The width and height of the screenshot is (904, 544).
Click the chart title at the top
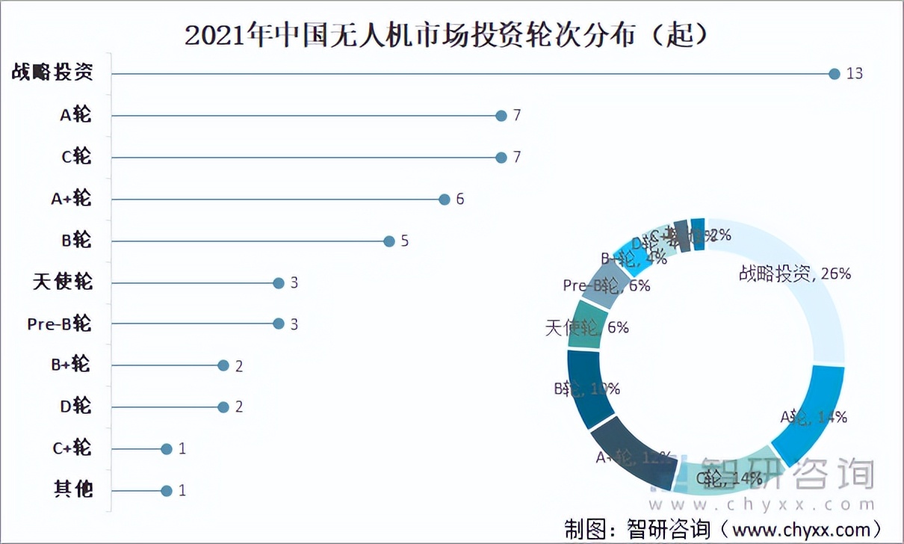[x=446, y=34]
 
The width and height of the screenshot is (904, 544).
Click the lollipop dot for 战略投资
[x=835, y=73]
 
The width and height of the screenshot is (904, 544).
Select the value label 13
[x=855, y=73]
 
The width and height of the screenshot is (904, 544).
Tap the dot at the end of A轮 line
[x=501, y=116]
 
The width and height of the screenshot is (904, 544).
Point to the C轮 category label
[x=76, y=157]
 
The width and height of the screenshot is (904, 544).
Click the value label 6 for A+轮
[x=460, y=200]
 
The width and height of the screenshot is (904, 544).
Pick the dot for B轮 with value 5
[x=388, y=241]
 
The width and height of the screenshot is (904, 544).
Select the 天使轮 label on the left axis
[x=64, y=282]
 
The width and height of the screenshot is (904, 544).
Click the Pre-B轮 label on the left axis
[x=59, y=324]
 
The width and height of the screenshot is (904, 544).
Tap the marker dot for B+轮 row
[x=223, y=365]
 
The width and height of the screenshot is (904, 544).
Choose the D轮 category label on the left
[x=75, y=407]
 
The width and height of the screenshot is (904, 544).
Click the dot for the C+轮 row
[x=167, y=448]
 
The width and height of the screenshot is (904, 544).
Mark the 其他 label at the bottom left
[x=73, y=490]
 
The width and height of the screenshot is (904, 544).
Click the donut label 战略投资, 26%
[x=794, y=273]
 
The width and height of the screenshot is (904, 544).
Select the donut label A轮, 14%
[x=814, y=417]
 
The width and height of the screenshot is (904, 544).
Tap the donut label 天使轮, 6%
[x=587, y=327]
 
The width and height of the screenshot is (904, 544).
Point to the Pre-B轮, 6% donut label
[x=607, y=285]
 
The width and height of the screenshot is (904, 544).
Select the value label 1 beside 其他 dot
[x=182, y=491]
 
